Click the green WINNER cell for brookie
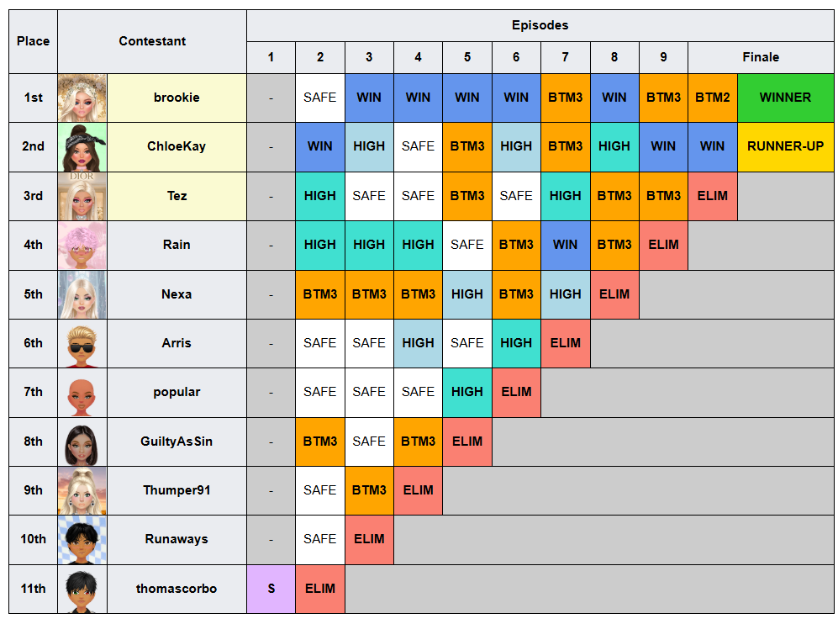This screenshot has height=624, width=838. (786, 98)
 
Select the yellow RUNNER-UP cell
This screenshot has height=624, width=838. (786, 146)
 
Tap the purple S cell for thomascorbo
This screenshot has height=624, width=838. (271, 589)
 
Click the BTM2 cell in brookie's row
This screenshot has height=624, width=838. (713, 98)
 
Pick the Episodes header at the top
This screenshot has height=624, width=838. (540, 25)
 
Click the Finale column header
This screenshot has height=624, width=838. (761, 57)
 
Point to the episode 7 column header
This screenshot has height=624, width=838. (565, 57)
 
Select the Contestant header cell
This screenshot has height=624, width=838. (152, 41)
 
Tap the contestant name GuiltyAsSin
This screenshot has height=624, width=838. (177, 442)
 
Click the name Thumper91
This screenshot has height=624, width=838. (177, 490)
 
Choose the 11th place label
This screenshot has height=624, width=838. (33, 589)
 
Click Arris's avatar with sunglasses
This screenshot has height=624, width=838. (82, 343)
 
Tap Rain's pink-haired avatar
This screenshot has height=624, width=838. (82, 246)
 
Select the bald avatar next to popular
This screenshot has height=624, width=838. (82, 393)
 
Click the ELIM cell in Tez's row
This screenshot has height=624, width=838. (713, 196)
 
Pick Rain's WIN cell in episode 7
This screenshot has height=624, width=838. (565, 245)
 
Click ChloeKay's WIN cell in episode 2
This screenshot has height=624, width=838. (319, 146)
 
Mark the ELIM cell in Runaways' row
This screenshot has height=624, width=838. (369, 540)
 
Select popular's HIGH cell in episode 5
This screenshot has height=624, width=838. (467, 393)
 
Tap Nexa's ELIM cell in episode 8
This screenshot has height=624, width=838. (614, 294)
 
